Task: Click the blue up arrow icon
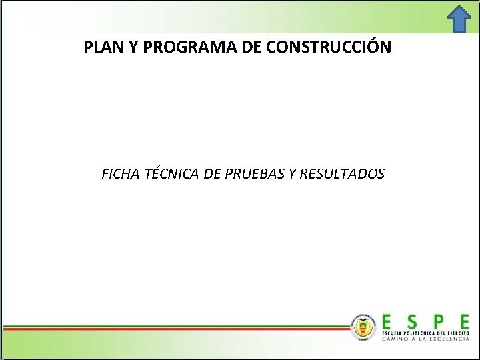point(459,19)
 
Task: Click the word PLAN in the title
point(101,48)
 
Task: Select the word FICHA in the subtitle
point(121,174)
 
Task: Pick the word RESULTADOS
point(342,174)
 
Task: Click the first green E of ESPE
point(388,321)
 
